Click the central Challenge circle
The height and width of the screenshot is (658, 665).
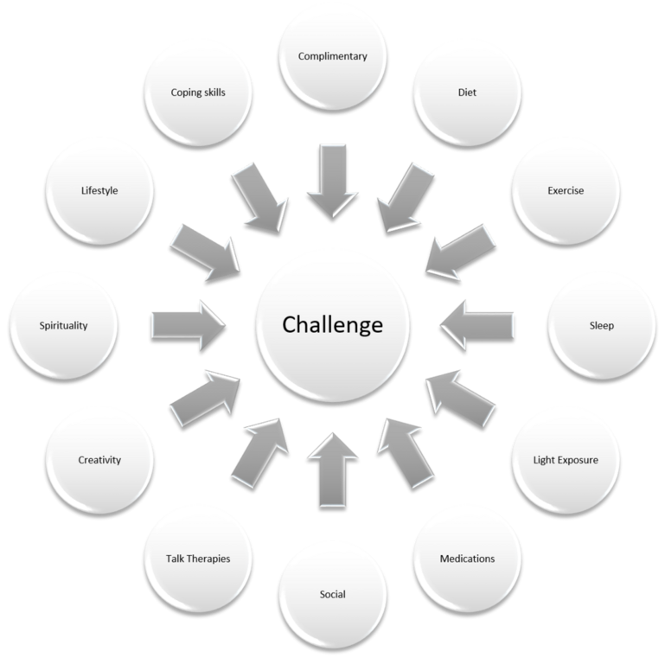click(x=333, y=326)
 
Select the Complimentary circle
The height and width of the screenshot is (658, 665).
click(x=333, y=57)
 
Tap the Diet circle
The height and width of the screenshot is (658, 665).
click(x=467, y=91)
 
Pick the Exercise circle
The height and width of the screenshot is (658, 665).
click(x=566, y=190)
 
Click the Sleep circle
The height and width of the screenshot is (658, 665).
click(x=602, y=326)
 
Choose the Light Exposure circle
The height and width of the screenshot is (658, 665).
click(x=566, y=460)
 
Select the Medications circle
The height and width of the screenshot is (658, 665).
click(x=467, y=559)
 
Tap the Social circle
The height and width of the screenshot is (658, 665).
click(x=333, y=595)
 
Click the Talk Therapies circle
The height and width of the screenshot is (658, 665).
click(x=198, y=559)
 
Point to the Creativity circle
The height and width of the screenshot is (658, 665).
click(x=99, y=460)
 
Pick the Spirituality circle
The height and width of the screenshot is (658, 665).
click(x=64, y=326)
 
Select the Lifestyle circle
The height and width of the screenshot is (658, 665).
click(x=99, y=190)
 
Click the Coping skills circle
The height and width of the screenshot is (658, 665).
click(x=198, y=91)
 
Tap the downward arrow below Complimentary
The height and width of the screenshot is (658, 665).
click(x=333, y=182)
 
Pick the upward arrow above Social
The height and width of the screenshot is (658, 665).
click(x=333, y=470)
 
